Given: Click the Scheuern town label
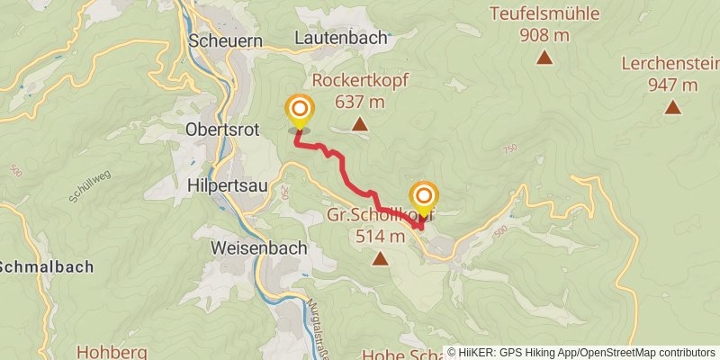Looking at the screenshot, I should coord(224,40).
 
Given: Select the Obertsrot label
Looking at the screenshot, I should coord(220,130).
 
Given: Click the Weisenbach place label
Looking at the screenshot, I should coord(258,247).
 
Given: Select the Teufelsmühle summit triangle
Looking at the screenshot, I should coord(544,58).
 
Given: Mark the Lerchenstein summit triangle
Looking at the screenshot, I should coord(672,108).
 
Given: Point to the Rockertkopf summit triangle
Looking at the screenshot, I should coord(359,124).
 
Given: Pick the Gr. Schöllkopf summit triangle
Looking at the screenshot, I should coord(380,259).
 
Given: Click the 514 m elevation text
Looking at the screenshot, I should coord(380,237).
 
